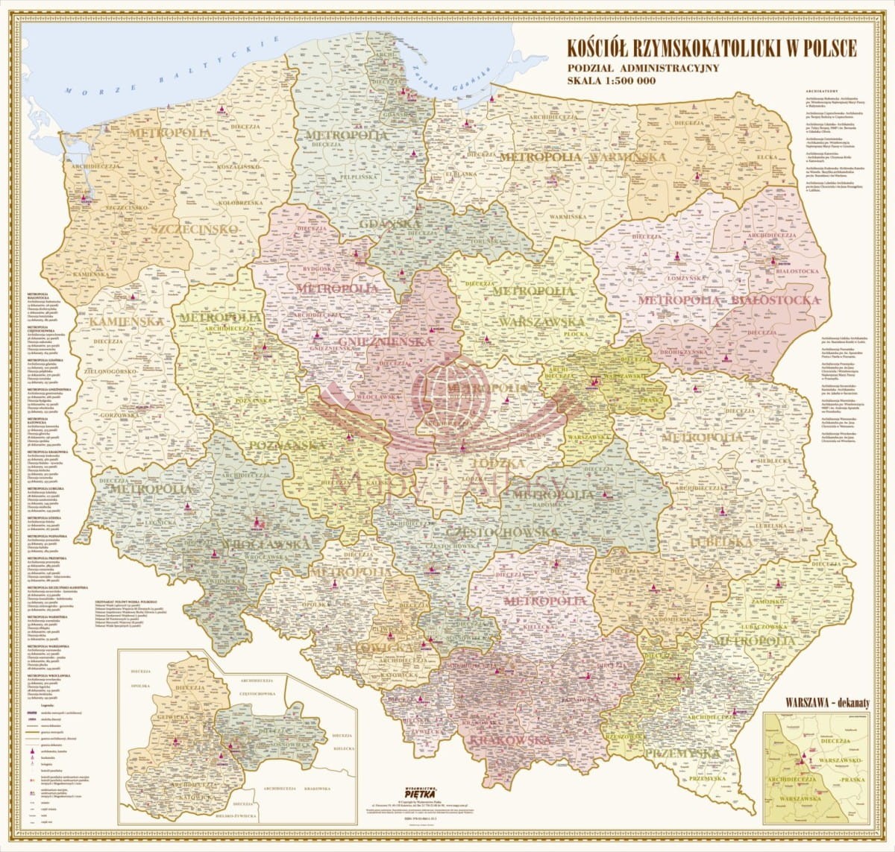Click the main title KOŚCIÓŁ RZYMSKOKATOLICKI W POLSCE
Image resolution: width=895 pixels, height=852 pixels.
[712, 48]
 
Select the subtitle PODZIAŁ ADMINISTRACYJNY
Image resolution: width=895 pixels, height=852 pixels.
[642, 67]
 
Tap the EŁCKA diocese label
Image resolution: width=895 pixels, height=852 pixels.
[767, 158]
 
